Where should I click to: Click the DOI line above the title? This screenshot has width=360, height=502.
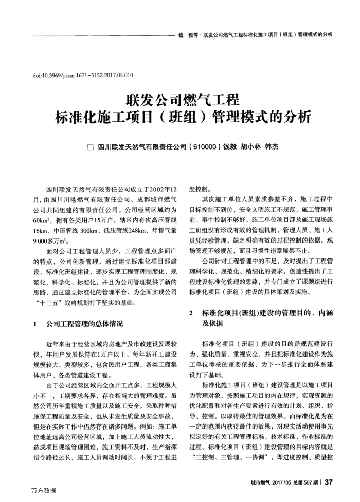click(83, 75)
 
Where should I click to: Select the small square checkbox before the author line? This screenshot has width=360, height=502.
click(91, 147)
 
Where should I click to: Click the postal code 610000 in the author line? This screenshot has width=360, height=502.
click(205, 146)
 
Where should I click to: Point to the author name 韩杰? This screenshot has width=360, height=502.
click(271, 146)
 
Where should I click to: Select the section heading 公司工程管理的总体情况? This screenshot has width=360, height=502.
click(84, 324)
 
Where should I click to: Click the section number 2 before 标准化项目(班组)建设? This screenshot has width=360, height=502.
click(191, 312)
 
